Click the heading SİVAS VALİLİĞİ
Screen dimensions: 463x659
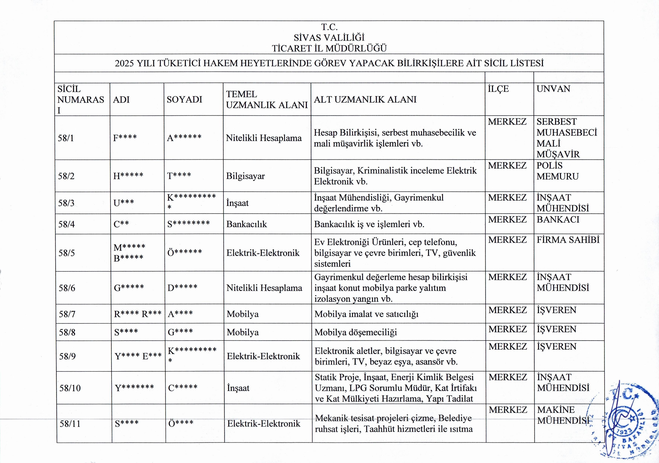coord(329,37)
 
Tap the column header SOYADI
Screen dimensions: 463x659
coord(185,99)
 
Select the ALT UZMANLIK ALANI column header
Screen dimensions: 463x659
coord(365,99)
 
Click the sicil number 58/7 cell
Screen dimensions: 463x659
coord(67,314)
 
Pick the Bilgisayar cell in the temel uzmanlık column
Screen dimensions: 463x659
coord(245,176)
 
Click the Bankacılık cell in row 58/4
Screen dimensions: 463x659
coord(247,224)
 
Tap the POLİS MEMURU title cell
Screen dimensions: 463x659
coord(557,171)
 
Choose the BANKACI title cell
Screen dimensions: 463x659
coord(558,220)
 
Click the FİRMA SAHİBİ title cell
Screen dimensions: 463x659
coord(568,240)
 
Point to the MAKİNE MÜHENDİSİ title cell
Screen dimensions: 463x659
coord(563,415)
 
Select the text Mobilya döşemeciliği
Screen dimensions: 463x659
coord(356,332)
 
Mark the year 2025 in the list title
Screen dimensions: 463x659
coord(124,63)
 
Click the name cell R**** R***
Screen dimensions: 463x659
coord(138,314)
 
